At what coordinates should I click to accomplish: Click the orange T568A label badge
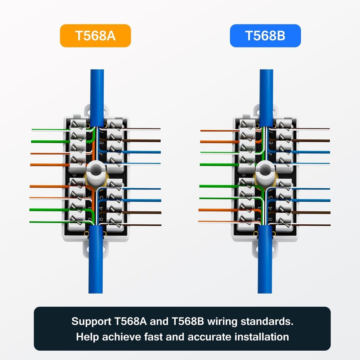(95, 36)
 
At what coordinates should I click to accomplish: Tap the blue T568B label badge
(265, 36)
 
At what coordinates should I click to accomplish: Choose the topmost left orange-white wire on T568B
(216, 130)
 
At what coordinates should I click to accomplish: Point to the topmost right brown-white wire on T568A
(144, 128)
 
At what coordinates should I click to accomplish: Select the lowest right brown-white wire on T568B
(313, 225)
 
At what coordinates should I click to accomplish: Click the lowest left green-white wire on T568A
(47, 222)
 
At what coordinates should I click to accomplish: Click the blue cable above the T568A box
(97, 86)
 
